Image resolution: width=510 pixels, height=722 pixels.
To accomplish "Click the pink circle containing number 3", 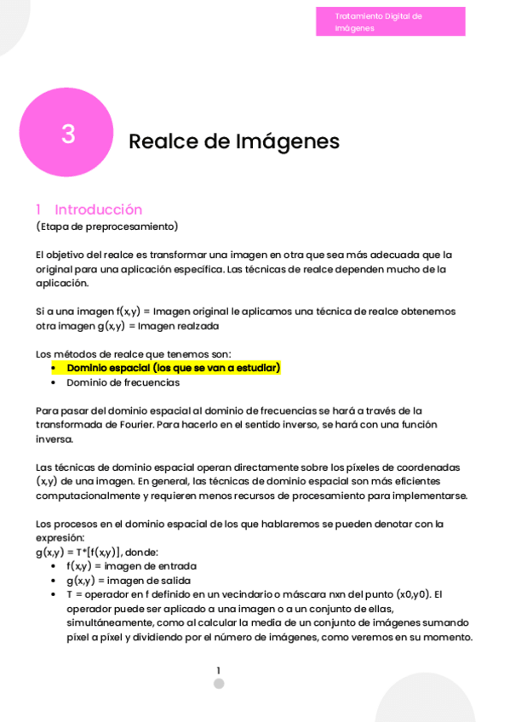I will [x=66, y=133].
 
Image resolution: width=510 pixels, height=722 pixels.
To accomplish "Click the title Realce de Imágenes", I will [x=233, y=141].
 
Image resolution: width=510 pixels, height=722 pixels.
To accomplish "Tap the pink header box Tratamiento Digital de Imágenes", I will [x=390, y=22].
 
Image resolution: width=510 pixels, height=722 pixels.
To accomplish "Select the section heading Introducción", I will [x=98, y=209].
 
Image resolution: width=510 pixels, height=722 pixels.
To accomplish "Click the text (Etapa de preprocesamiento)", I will [x=107, y=226].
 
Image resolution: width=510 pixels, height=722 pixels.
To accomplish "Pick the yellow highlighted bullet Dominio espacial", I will [x=173, y=368].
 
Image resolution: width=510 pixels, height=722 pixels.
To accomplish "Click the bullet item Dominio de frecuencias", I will [x=123, y=382].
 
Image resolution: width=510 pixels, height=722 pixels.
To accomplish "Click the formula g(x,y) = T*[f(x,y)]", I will [x=78, y=552].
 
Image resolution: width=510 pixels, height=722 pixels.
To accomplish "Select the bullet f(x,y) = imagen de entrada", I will [x=131, y=566].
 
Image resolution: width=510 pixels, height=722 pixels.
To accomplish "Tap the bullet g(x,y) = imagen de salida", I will [x=129, y=581].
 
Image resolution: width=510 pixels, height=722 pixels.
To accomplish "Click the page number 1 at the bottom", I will [x=218, y=671].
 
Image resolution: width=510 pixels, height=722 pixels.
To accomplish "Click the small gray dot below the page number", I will [x=219, y=684].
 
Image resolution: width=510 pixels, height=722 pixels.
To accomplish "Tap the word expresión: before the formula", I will [x=60, y=538].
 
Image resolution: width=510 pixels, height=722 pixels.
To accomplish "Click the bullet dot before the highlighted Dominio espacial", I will [x=54, y=368].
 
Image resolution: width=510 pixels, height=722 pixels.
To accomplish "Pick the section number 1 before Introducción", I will [x=38, y=209].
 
